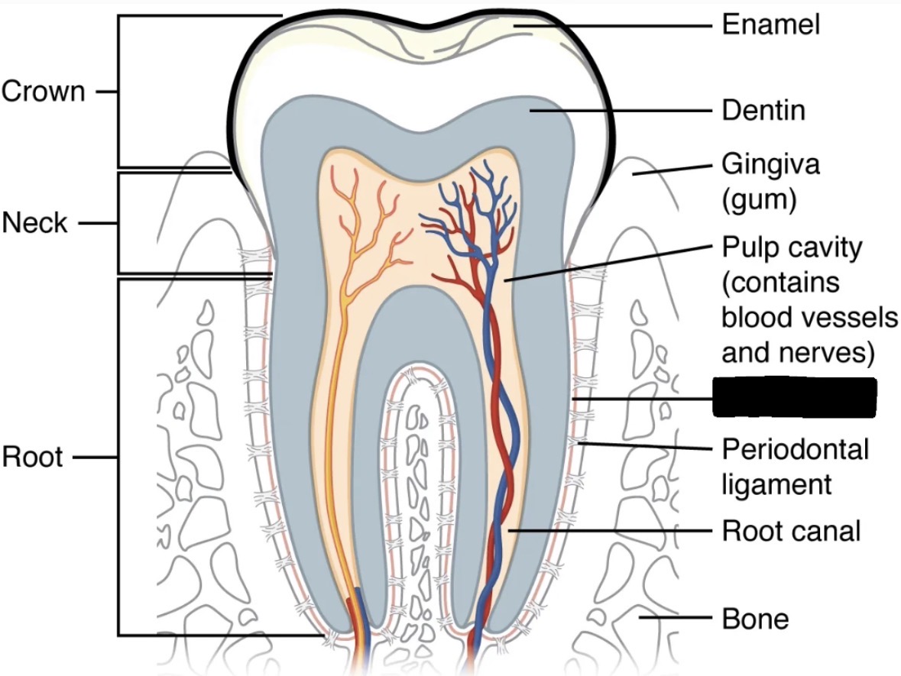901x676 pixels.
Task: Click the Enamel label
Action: pyautogui.click(x=770, y=24)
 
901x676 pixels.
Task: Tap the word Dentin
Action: pyautogui.click(x=763, y=111)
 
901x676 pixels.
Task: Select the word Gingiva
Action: pyautogui.click(x=770, y=165)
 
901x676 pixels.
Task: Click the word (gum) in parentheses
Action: pyautogui.click(x=760, y=199)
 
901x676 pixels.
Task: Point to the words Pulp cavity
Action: pyautogui.click(x=792, y=248)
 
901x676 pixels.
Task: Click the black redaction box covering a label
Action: pyautogui.click(x=794, y=397)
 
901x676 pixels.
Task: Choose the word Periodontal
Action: pyautogui.click(x=796, y=449)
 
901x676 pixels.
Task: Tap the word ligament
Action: pyautogui.click(x=776, y=484)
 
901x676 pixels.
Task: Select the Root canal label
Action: pyautogui.click(x=791, y=530)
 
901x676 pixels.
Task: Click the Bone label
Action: pyautogui.click(x=755, y=618)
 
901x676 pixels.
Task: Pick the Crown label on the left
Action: pyautogui.click(x=43, y=92)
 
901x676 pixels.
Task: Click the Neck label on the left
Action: pyautogui.click(x=34, y=223)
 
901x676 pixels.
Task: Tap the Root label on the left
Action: pyautogui.click(x=32, y=458)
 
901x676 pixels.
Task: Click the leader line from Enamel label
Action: pyautogui.click(x=619, y=24)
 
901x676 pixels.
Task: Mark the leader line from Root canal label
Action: pyautogui.click(x=611, y=530)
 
